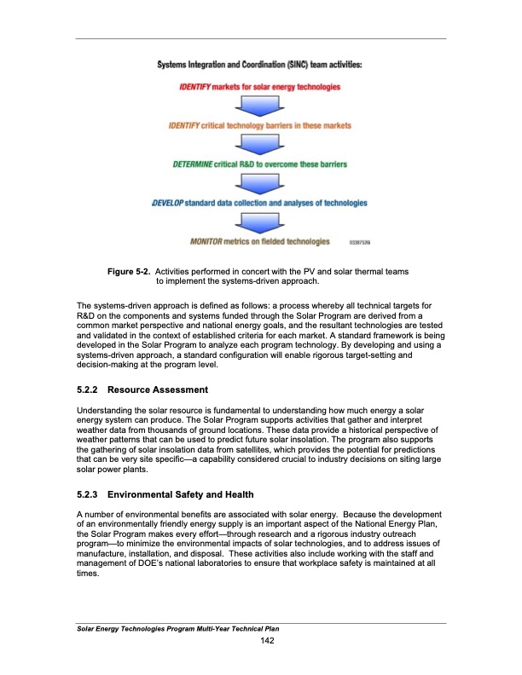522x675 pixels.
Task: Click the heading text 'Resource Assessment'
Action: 163,389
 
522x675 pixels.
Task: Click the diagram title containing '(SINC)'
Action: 259,65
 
